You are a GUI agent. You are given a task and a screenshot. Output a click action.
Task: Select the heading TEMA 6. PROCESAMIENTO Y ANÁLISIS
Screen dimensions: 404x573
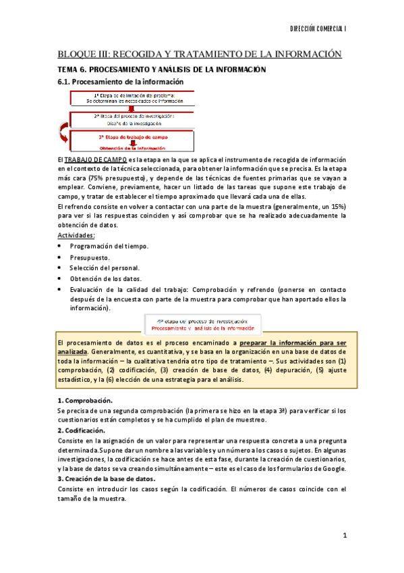pos(162,70)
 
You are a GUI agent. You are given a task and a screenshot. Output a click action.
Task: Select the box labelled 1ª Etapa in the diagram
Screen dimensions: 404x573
pos(138,97)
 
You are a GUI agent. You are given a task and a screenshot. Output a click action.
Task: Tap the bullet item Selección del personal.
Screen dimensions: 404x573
pos(104,268)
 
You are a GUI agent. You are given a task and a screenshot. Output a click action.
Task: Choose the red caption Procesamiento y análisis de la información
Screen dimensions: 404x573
pos(202,328)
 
